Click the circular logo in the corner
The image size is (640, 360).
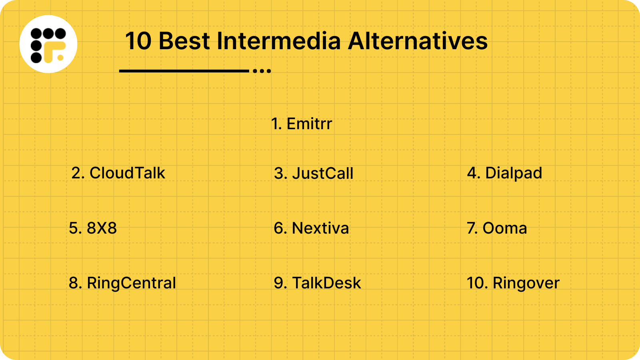point(48,44)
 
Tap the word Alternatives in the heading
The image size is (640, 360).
point(418,41)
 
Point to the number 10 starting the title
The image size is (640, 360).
point(138,41)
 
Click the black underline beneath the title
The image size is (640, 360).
point(184,71)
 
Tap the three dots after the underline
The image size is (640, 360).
point(262,71)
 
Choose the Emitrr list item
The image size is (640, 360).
point(309,124)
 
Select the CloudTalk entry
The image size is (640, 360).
point(127,173)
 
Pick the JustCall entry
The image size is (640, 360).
point(322,173)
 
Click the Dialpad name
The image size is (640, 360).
point(514,173)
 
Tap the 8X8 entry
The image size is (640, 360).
point(102,228)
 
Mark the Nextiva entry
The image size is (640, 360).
point(320,228)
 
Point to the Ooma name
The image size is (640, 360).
point(505,228)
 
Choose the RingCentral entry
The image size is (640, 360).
point(131,283)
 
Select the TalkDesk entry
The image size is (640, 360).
point(326,283)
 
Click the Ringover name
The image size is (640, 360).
point(526,283)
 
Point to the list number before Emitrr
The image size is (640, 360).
point(276,124)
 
